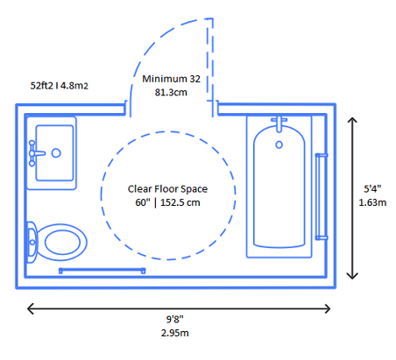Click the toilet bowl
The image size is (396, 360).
click(x=63, y=240)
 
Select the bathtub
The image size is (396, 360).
click(x=278, y=188)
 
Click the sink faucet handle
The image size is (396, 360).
click(x=35, y=152)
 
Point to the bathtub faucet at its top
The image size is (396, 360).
click(x=279, y=124)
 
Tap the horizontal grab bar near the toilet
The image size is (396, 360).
click(x=101, y=271)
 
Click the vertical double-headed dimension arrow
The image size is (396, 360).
click(x=353, y=198)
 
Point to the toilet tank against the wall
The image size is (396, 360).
click(x=32, y=240)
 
